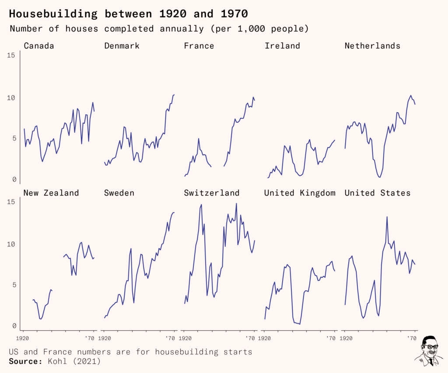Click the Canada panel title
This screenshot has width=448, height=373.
(x=39, y=46)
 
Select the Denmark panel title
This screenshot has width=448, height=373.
(x=122, y=46)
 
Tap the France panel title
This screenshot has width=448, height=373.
(x=199, y=46)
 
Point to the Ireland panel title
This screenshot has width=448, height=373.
(x=282, y=46)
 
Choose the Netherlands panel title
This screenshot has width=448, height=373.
(x=372, y=46)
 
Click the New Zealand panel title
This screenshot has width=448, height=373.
(x=51, y=193)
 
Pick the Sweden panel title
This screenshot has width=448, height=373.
(x=119, y=193)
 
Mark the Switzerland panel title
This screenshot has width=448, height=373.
(x=212, y=193)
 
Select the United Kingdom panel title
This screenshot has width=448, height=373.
(x=300, y=193)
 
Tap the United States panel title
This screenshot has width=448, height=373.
(x=378, y=193)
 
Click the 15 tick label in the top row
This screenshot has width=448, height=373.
(x=11, y=55)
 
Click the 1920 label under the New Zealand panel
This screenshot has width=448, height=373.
(x=23, y=338)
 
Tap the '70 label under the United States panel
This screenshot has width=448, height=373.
(x=412, y=338)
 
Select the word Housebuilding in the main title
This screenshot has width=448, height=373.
(x=53, y=14)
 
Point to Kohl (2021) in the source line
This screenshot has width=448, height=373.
(x=73, y=361)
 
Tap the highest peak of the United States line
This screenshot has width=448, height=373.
(x=387, y=217)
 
